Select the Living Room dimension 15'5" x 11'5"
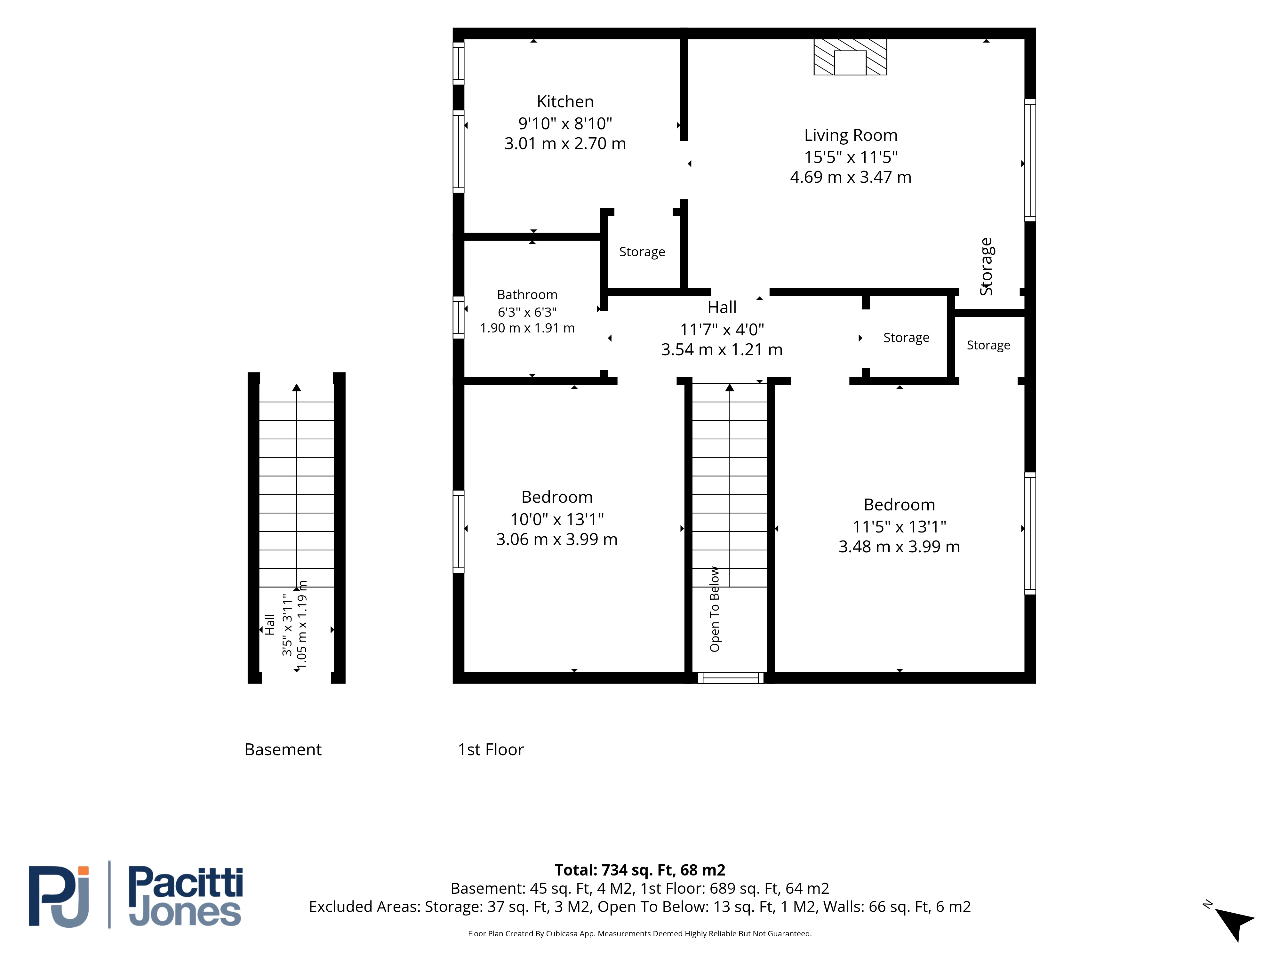click(x=851, y=157)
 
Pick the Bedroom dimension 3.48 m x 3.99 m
click(x=899, y=547)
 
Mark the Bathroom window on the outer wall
click(x=458, y=317)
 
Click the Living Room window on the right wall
click(x=1030, y=160)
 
